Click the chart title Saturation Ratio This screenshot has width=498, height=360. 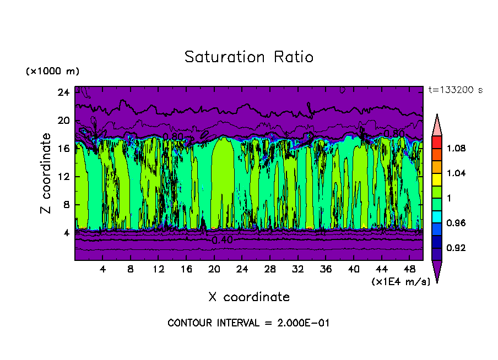point(248,57)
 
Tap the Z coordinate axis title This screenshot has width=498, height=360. point(46,173)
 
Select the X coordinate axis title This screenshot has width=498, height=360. point(248,297)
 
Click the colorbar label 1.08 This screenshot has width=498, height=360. point(456,148)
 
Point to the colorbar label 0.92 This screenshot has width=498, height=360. point(456,248)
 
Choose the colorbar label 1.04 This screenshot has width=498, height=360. point(456,173)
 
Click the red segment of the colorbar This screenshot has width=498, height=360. point(436,142)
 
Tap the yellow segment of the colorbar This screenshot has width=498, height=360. point(436,179)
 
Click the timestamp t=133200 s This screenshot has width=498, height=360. point(455,90)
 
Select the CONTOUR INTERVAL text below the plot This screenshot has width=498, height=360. point(248,323)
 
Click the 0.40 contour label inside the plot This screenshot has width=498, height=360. point(222,240)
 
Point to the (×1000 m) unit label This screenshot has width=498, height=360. point(52,72)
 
